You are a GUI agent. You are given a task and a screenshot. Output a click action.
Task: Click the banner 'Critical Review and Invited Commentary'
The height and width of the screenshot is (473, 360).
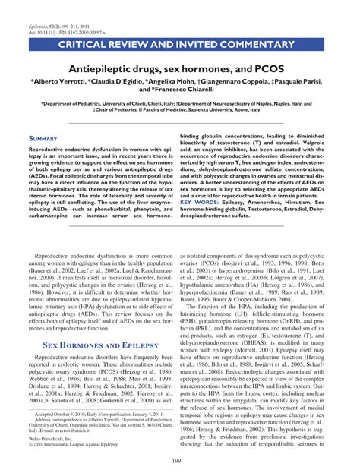tap(180, 27)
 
